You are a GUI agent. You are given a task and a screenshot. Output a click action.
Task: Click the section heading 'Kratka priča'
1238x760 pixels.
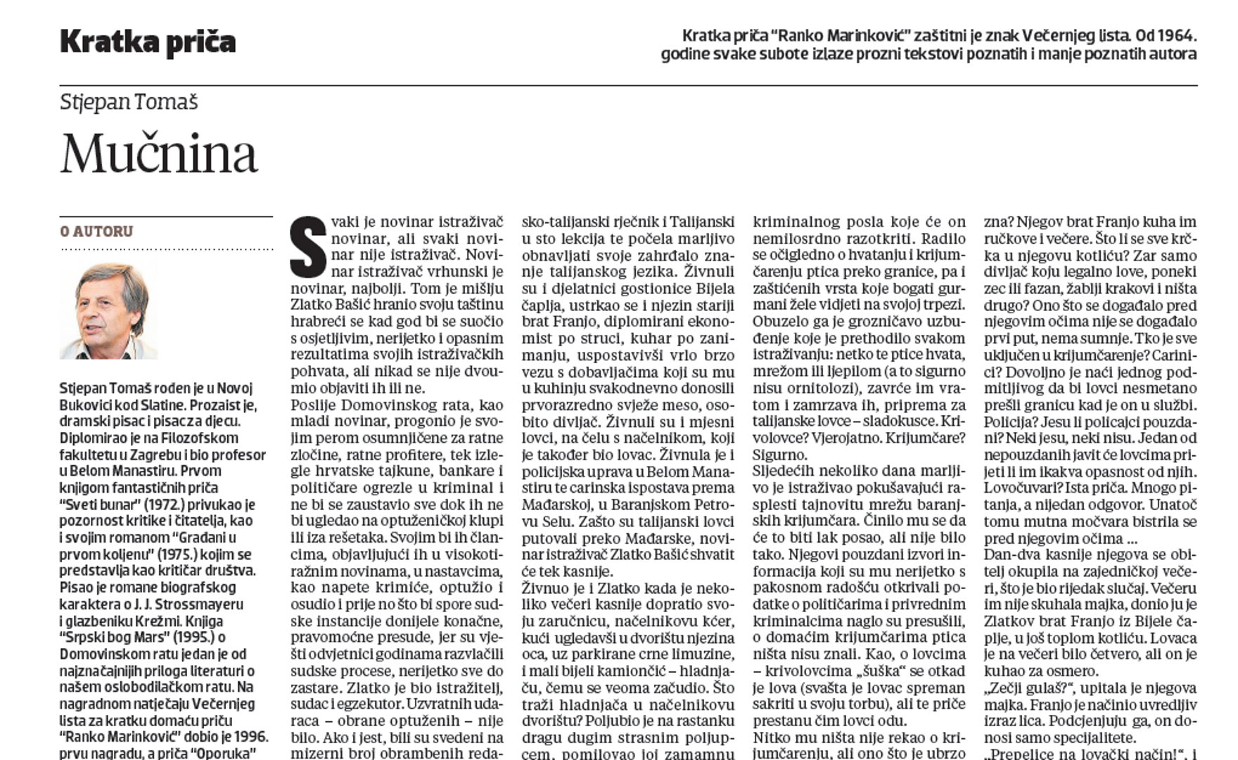click(148, 42)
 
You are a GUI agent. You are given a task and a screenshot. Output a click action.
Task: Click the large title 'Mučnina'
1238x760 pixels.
click(159, 153)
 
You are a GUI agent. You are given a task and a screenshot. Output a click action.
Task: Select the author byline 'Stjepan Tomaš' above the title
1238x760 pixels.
click(129, 103)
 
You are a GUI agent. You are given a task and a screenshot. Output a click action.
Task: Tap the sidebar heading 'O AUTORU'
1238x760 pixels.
click(97, 232)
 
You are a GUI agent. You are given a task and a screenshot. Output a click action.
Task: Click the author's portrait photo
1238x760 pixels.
click(109, 310)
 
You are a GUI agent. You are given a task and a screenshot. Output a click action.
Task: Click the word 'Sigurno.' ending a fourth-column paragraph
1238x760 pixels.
click(780, 455)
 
